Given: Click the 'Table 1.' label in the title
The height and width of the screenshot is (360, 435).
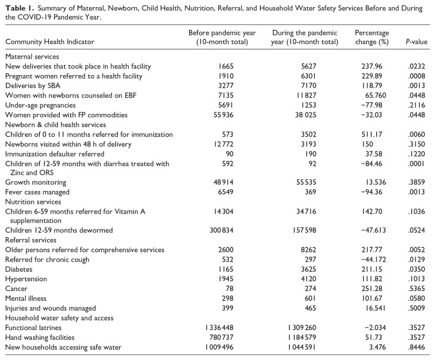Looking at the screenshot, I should click(20, 6).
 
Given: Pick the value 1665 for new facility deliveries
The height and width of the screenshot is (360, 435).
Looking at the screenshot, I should click(220, 65).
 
